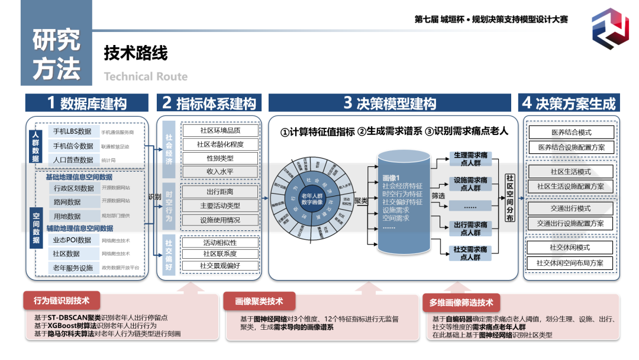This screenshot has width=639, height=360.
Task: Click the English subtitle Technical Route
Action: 146,76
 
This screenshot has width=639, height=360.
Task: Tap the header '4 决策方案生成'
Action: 569,103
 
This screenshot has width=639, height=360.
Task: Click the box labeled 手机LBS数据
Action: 72,131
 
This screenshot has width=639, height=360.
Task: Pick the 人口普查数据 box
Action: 72,160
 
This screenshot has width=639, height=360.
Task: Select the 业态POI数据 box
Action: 72,240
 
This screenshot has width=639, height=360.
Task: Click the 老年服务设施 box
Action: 72,268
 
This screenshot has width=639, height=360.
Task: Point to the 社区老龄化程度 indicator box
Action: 220,144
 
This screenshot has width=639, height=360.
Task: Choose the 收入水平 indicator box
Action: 220,172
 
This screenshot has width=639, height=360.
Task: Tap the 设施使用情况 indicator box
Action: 220,220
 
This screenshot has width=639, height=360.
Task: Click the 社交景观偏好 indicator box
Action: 220,266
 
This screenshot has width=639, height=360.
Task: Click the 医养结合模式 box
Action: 571,133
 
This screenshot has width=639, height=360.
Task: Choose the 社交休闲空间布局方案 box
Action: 571,263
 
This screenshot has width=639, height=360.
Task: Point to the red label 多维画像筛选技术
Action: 461,303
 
